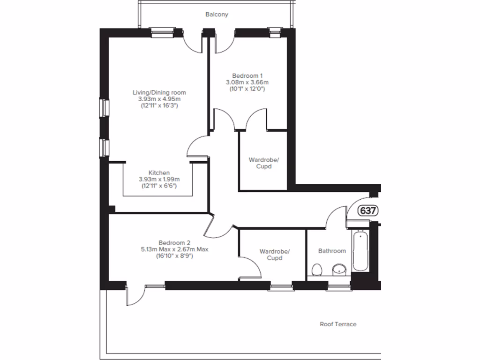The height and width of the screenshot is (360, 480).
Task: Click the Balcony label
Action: (217, 15)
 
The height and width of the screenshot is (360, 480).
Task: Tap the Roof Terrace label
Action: (338, 324)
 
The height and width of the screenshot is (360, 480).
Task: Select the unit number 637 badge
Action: (368, 211)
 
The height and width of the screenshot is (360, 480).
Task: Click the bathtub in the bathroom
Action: (361, 251)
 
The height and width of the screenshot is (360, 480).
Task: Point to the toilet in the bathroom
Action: (316, 270)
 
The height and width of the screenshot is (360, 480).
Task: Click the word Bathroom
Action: (332, 251)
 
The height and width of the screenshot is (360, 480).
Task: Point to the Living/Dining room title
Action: (159, 92)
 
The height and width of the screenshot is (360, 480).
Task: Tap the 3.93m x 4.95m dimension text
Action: (159, 99)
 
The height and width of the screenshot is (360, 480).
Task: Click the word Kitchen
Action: (159, 172)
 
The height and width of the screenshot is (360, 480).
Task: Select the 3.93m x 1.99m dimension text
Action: (159, 179)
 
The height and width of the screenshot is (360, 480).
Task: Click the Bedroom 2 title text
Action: (174, 243)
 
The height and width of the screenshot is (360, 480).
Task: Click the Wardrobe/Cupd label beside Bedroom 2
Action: (275, 255)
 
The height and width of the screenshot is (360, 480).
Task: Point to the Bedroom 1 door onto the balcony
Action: (224, 42)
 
